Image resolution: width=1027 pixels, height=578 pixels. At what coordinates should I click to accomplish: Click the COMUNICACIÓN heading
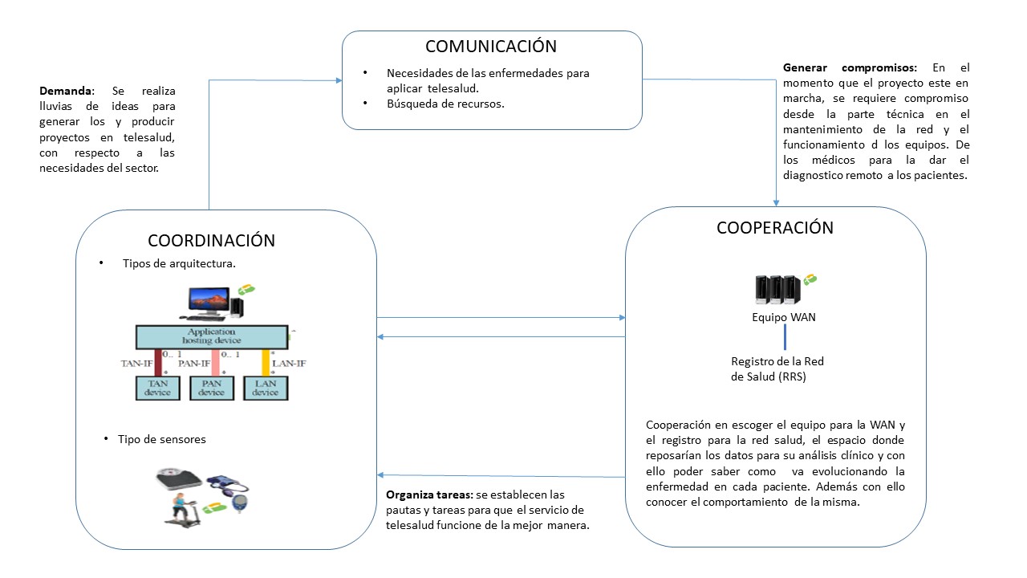tap(491, 47)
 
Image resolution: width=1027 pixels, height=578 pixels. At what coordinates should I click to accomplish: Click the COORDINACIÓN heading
tap(211, 241)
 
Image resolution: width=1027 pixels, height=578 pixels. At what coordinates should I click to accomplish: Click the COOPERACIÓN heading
tap(774, 228)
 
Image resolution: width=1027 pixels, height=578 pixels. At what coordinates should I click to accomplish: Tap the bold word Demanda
tap(66, 92)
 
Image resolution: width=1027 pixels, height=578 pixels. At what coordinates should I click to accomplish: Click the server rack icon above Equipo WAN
tap(777, 290)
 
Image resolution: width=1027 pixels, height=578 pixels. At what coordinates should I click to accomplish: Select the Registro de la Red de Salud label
tap(777, 368)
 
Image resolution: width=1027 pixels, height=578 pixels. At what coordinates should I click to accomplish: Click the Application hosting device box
tap(211, 336)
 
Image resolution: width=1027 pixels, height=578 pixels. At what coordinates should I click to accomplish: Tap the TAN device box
tap(157, 388)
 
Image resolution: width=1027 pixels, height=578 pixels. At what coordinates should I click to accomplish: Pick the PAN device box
tap(211, 388)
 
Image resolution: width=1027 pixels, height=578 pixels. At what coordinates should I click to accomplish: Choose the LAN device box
tap(265, 388)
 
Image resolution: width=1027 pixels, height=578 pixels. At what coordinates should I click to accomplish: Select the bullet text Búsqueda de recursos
tap(445, 104)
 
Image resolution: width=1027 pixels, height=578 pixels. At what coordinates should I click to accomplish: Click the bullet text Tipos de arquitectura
tap(178, 264)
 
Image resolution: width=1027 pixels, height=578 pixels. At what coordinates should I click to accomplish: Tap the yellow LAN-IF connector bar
tap(266, 362)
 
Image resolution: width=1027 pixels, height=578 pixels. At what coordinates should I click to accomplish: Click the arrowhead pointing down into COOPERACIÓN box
tap(776, 202)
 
